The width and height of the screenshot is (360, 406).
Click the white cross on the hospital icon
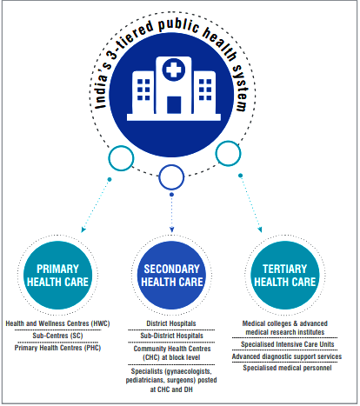(x=173, y=70)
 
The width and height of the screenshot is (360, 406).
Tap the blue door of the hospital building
(x=174, y=105)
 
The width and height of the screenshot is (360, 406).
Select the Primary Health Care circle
(x=57, y=275)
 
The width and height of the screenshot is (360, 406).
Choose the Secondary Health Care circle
(x=171, y=275)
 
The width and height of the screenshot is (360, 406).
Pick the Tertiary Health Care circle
(x=285, y=275)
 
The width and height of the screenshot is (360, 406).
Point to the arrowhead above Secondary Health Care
(x=171, y=230)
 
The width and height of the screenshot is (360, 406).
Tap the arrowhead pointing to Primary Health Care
(x=83, y=230)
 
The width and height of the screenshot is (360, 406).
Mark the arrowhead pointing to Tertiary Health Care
(x=260, y=230)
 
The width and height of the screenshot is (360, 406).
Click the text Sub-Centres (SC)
(x=57, y=336)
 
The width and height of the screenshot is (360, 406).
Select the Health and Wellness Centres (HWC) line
(x=57, y=323)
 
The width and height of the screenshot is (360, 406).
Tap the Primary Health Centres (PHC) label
(x=57, y=348)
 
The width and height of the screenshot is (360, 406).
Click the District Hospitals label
(x=171, y=323)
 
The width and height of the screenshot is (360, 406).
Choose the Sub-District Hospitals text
(x=171, y=336)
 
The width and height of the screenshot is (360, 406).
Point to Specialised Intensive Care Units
(x=288, y=344)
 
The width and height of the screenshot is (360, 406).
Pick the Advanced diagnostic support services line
(x=287, y=356)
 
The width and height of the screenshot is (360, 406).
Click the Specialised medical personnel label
(x=287, y=368)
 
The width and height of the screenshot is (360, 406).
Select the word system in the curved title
(x=241, y=88)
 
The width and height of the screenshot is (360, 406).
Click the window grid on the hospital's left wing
(x=143, y=90)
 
